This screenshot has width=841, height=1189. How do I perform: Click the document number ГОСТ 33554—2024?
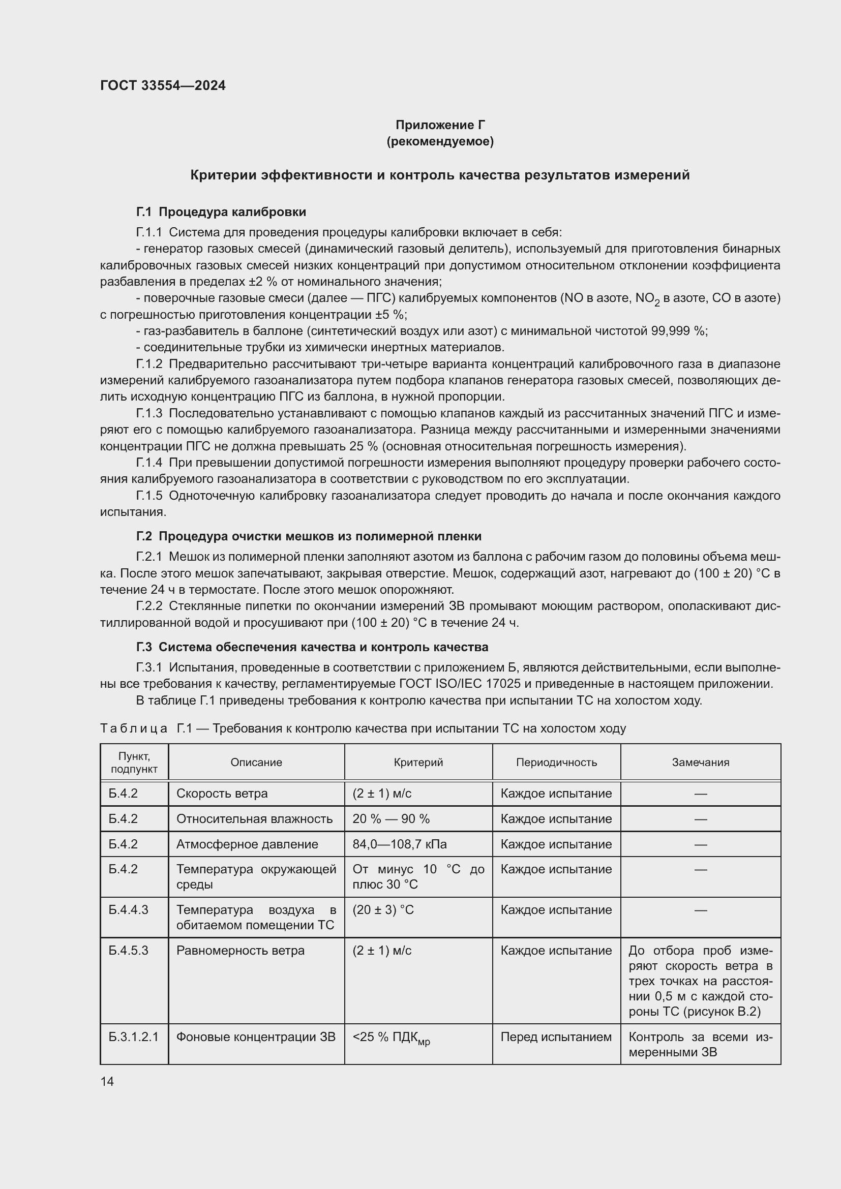[x=163, y=85]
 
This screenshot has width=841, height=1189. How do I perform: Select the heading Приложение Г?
[x=440, y=125]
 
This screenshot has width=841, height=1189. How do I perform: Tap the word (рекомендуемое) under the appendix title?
[x=440, y=141]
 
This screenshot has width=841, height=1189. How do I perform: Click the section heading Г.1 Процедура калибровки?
[x=221, y=212]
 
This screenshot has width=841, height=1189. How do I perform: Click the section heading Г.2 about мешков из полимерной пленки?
[x=309, y=536]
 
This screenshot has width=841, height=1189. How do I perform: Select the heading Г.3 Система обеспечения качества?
[x=312, y=647]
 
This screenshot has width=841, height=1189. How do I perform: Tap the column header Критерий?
[x=418, y=763]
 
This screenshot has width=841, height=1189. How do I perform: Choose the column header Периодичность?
[x=556, y=763]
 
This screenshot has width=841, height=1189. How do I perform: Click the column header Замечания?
[x=700, y=763]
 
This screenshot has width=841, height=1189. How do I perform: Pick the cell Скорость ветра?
[x=222, y=794]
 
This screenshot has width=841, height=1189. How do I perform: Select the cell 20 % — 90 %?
[x=391, y=819]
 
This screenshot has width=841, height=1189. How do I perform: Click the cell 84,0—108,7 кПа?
[x=399, y=844]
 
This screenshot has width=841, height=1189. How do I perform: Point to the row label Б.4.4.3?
[x=129, y=909]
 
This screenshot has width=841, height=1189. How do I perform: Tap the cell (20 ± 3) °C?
[x=383, y=909]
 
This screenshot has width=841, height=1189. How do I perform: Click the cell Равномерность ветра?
[x=241, y=950]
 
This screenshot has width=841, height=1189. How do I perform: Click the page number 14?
[x=107, y=1081]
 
